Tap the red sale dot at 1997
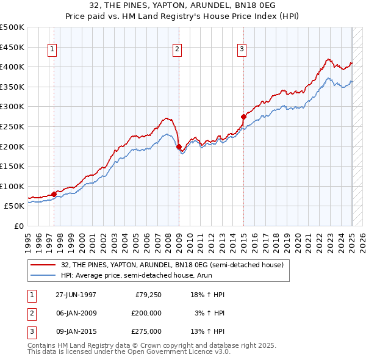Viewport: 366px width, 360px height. pos(54,195)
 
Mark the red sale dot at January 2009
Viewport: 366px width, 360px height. pos(179,146)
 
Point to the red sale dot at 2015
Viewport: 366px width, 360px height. pos(243,116)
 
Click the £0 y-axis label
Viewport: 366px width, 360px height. pos(19,226)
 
